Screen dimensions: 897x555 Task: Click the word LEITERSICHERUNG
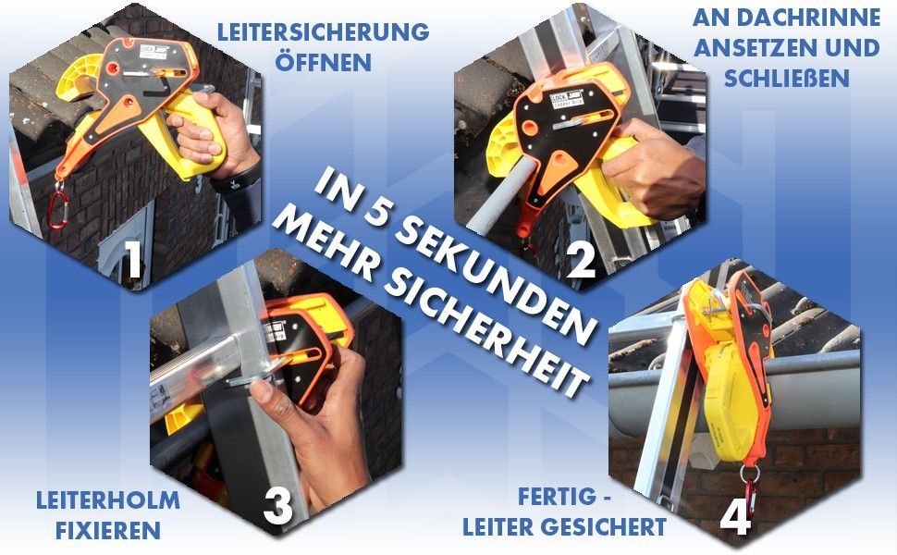[x=324, y=32]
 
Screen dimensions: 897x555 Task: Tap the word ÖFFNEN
[x=324, y=61]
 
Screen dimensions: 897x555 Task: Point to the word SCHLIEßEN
[x=787, y=79]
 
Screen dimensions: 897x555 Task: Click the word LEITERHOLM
[x=108, y=500]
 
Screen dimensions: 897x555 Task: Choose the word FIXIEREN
[x=108, y=530]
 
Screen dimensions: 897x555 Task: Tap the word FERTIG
[x=556, y=497]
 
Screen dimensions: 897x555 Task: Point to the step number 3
[x=278, y=507]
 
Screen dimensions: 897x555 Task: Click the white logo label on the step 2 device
[x=567, y=98]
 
